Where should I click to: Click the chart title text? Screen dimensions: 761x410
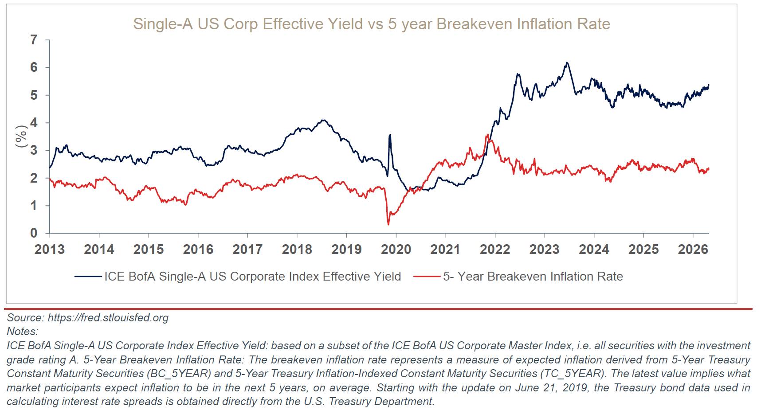[x=372, y=24]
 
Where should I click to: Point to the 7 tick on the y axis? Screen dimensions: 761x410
[x=34, y=40]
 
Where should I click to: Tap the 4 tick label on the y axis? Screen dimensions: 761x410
[x=34, y=123]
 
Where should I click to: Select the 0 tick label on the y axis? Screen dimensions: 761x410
[x=34, y=233]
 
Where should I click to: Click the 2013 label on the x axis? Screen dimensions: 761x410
[x=50, y=250]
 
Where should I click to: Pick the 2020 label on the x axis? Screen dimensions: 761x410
[x=396, y=250]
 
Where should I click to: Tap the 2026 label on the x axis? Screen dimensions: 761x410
[x=693, y=250]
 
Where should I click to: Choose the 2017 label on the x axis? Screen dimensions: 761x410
[x=247, y=250]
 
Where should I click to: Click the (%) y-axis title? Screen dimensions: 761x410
[x=21, y=137]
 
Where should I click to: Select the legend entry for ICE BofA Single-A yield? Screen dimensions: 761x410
[x=238, y=277]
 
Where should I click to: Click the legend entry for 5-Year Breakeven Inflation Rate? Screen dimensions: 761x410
[x=518, y=277]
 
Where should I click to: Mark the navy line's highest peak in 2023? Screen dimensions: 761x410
[x=566, y=63]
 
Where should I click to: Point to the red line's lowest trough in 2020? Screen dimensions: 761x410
[x=388, y=224]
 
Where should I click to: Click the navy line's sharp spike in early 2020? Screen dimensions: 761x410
[x=390, y=135]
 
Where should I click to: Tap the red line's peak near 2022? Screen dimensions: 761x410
[x=488, y=135]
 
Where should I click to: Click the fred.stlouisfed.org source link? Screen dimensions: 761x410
[x=108, y=318]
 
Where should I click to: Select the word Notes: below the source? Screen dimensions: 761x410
[x=23, y=332]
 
